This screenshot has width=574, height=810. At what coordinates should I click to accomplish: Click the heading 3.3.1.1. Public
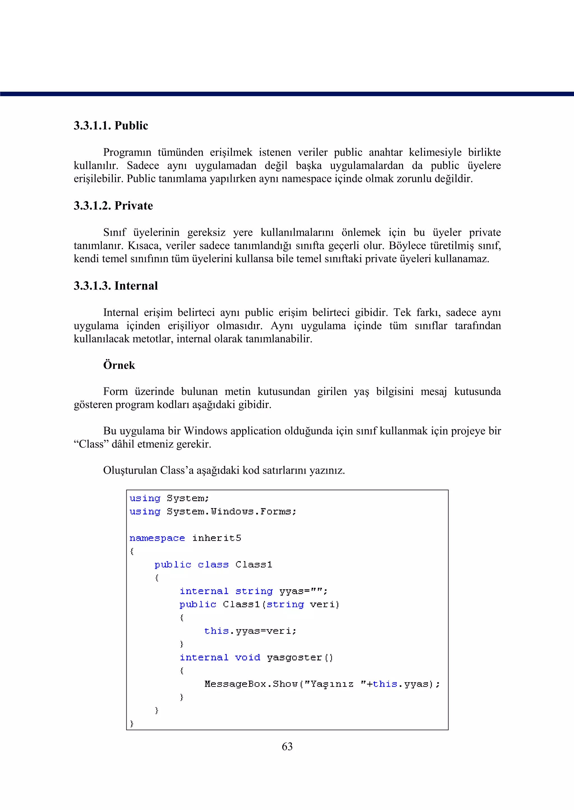click(x=111, y=126)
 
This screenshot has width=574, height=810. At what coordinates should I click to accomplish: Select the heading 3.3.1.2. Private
click(x=113, y=206)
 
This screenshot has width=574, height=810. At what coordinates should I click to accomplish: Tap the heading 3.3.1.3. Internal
click(x=115, y=286)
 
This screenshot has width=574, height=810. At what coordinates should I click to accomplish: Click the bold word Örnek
click(x=119, y=365)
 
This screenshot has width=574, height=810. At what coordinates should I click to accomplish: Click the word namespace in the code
click(x=157, y=538)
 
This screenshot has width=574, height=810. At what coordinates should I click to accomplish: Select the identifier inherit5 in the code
click(x=216, y=538)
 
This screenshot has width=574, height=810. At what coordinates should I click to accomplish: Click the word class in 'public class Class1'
click(x=213, y=565)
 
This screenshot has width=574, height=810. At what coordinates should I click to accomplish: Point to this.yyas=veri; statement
click(x=250, y=631)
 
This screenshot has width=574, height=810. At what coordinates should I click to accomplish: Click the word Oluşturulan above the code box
click(x=130, y=470)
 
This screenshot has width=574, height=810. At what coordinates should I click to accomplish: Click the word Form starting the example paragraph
click(x=115, y=392)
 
